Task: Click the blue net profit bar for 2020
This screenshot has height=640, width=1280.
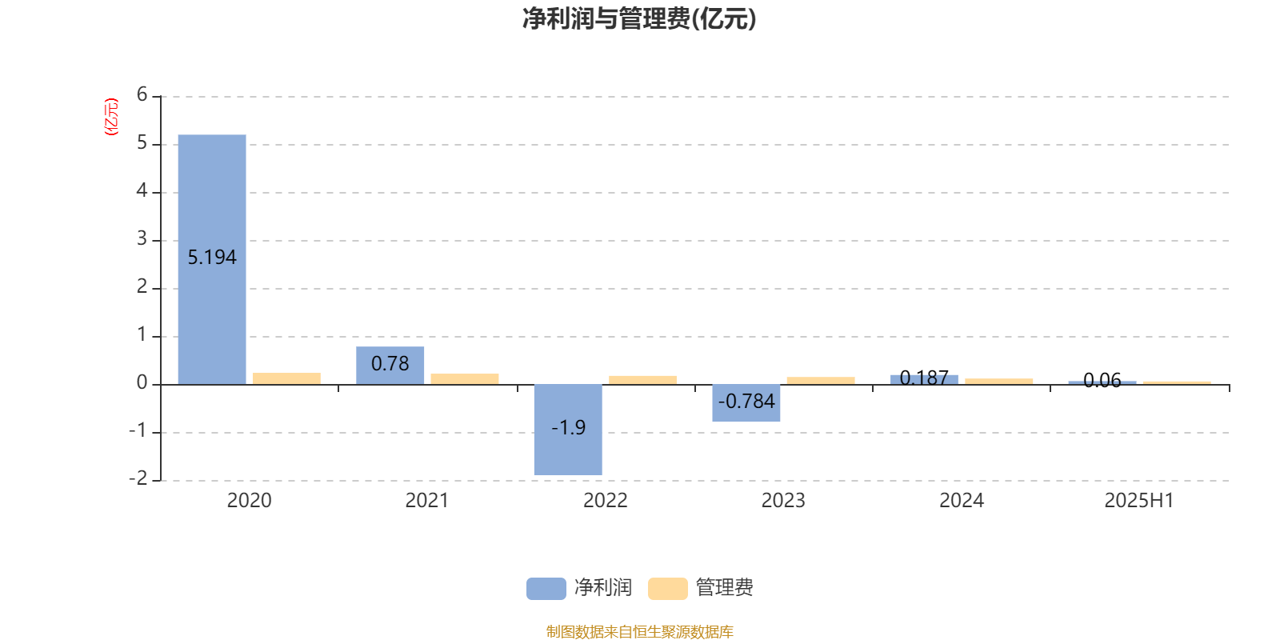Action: (x=212, y=259)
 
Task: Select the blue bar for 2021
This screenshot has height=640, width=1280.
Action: (x=390, y=366)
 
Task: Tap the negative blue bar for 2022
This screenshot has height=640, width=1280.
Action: (x=568, y=430)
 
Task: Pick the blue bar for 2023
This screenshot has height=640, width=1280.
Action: (x=746, y=403)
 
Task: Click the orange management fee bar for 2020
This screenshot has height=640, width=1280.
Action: (x=287, y=379)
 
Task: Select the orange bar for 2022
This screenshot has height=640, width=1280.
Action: (x=643, y=380)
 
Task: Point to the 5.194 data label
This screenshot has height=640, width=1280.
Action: (x=212, y=258)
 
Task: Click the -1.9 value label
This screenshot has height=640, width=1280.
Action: (x=569, y=427)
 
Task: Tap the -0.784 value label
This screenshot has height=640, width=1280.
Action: (x=746, y=402)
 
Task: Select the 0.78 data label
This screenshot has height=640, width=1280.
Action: (x=390, y=363)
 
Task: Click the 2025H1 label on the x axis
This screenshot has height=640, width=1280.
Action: (x=1139, y=501)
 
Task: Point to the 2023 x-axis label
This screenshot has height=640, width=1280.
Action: (x=783, y=501)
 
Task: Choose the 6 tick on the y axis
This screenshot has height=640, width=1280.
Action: (x=142, y=94)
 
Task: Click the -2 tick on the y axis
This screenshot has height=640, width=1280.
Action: (x=138, y=478)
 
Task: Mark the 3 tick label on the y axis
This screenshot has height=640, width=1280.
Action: (x=142, y=238)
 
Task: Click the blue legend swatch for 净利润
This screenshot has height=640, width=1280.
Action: (x=546, y=589)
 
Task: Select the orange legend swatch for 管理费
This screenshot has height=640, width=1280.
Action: (x=667, y=589)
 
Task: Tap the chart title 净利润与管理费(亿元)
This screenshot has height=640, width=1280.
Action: (x=639, y=19)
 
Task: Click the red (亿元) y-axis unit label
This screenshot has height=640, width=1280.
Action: (x=111, y=117)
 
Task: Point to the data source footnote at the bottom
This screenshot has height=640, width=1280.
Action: (x=639, y=631)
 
